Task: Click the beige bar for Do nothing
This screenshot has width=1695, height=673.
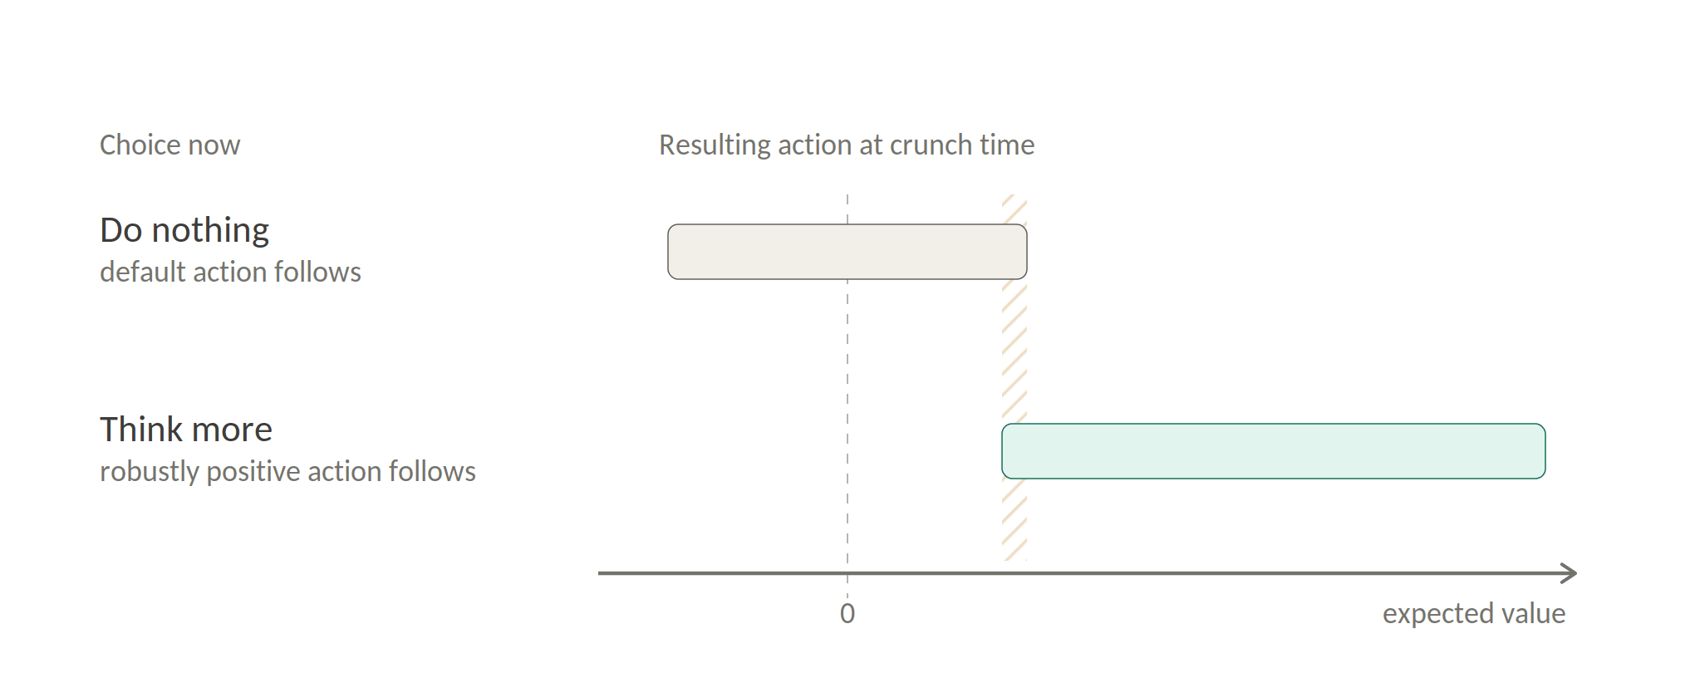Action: point(847,252)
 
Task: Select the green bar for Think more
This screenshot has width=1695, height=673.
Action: point(1274,451)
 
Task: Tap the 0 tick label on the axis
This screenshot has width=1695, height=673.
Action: point(847,613)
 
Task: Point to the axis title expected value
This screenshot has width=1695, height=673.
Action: point(1474,614)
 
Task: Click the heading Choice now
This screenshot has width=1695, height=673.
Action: point(170,145)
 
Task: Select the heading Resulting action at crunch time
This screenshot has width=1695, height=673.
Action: point(847,145)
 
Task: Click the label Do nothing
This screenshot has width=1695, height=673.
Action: point(184,231)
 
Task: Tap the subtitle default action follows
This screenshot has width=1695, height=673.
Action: point(230,272)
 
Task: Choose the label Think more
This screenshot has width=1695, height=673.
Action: point(186,430)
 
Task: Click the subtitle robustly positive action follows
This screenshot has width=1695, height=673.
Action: point(287,472)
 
